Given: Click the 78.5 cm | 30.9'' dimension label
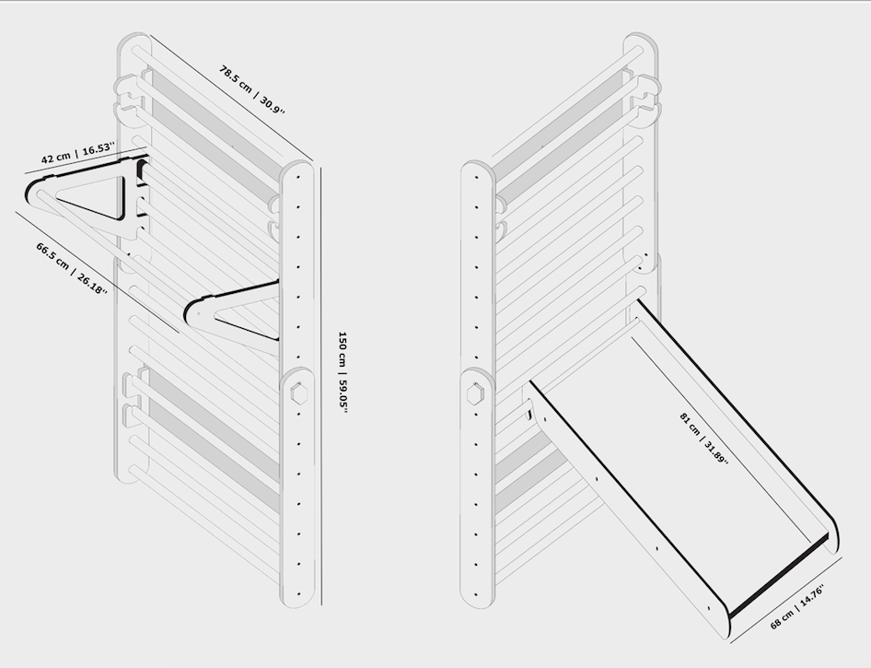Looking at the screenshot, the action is [251, 89].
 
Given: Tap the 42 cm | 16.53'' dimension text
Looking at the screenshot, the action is [77, 153].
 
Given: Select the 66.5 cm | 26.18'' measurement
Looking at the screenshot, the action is [71, 268].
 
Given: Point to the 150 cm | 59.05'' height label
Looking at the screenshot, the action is [343, 372].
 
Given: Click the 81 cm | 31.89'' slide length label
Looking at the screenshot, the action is [703, 439].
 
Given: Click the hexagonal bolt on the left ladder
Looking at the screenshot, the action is [298, 394].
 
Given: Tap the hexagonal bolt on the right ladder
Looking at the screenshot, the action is [475, 394].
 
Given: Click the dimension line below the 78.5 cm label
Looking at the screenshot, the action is [233, 100].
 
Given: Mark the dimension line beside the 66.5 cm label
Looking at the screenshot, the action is [97, 272].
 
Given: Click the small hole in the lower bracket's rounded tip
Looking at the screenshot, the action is [198, 313].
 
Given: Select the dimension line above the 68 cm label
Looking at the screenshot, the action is [786, 601].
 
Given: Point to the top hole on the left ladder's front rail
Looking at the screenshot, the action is [298, 177].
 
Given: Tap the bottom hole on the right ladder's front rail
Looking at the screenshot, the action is [475, 593].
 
